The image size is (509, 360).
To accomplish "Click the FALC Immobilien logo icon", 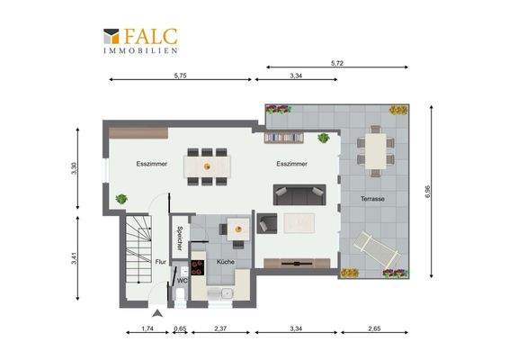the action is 111,36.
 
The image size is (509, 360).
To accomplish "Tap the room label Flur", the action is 161,262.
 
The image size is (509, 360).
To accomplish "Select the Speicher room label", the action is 180,238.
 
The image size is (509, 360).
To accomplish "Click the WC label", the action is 183,281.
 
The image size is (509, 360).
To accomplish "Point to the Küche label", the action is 226,262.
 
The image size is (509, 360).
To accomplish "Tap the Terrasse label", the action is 372,199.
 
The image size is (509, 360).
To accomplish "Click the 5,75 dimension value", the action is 180,76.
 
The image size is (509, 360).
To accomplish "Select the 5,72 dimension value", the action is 337,63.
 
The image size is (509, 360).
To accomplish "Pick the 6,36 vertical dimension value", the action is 428,192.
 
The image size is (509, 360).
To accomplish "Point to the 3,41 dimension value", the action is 75,258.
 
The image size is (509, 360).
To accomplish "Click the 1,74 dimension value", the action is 147,328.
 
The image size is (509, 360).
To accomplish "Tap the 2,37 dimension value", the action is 220,328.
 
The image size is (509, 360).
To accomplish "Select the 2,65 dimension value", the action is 374,328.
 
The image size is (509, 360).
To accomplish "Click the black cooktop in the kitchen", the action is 198,267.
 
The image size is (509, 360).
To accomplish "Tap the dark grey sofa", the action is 299,195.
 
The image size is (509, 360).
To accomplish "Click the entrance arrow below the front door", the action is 157,313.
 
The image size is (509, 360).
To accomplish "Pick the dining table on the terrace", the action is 376,151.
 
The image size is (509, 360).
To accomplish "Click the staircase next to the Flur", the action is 138,249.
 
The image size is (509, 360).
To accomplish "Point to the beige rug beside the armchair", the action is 299,223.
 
